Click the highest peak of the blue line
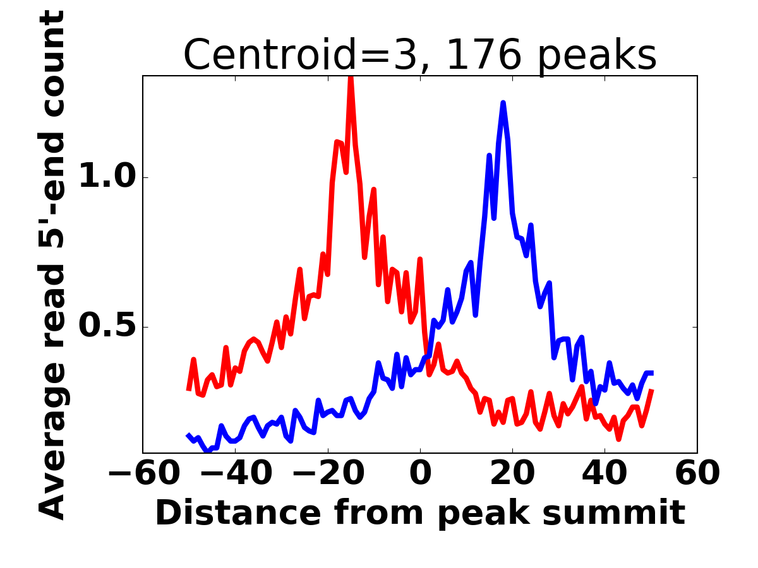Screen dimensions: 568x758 pyautogui.click(x=503, y=102)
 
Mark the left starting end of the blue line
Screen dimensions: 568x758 pyautogui.click(x=188, y=435)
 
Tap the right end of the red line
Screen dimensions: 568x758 pyautogui.click(x=652, y=391)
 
